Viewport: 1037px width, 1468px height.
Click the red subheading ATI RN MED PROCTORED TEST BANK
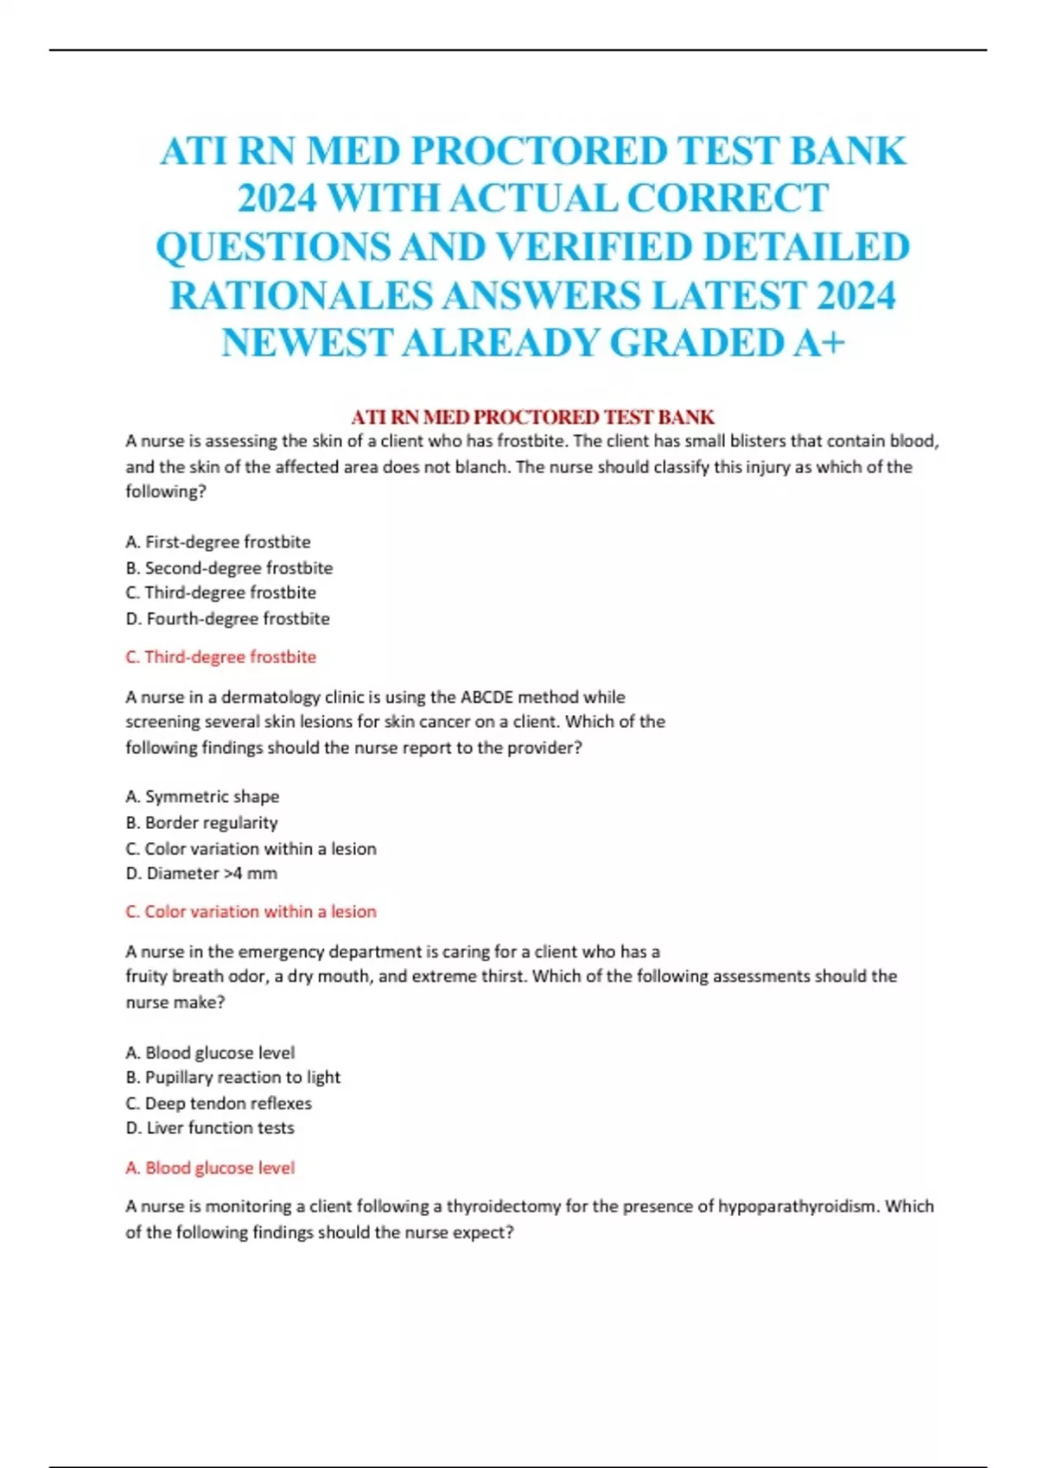point(532,417)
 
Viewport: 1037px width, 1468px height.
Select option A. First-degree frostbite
point(218,541)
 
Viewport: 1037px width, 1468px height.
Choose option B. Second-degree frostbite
point(229,567)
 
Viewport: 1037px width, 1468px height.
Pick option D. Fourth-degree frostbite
point(227,618)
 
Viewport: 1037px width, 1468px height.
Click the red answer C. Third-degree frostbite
point(220,656)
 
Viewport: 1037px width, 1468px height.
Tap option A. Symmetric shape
point(202,796)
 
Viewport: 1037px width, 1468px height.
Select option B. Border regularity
point(201,822)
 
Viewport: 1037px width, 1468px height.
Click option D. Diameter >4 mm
point(201,873)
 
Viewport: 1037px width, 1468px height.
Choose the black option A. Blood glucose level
point(210,1052)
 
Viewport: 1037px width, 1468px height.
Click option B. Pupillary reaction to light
point(232,1077)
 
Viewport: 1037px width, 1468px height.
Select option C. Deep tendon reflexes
point(219,1103)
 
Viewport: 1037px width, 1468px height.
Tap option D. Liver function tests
point(210,1128)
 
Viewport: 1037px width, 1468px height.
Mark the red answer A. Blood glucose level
point(210,1167)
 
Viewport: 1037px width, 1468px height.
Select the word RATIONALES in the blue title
point(301,295)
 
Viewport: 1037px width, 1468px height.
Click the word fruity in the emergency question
point(146,977)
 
